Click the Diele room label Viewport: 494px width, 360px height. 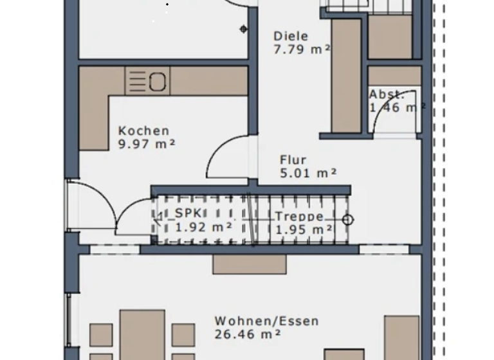291,37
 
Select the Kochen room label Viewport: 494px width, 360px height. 143,131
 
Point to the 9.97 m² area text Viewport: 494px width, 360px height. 147,144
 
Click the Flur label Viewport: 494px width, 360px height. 293,160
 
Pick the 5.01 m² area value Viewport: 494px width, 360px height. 309,172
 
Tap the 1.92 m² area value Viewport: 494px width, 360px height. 203,226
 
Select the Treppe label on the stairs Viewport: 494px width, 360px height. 299,217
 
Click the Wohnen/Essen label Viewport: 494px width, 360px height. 266,321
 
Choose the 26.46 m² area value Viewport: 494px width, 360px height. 248,334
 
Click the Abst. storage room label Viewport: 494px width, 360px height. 386,94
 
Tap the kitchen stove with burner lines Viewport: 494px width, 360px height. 147,81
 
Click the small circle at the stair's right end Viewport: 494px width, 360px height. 348,221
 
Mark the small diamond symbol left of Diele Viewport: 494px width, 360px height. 243,29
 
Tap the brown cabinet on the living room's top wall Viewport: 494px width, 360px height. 250,264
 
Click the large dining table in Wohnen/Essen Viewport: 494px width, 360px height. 142,334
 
